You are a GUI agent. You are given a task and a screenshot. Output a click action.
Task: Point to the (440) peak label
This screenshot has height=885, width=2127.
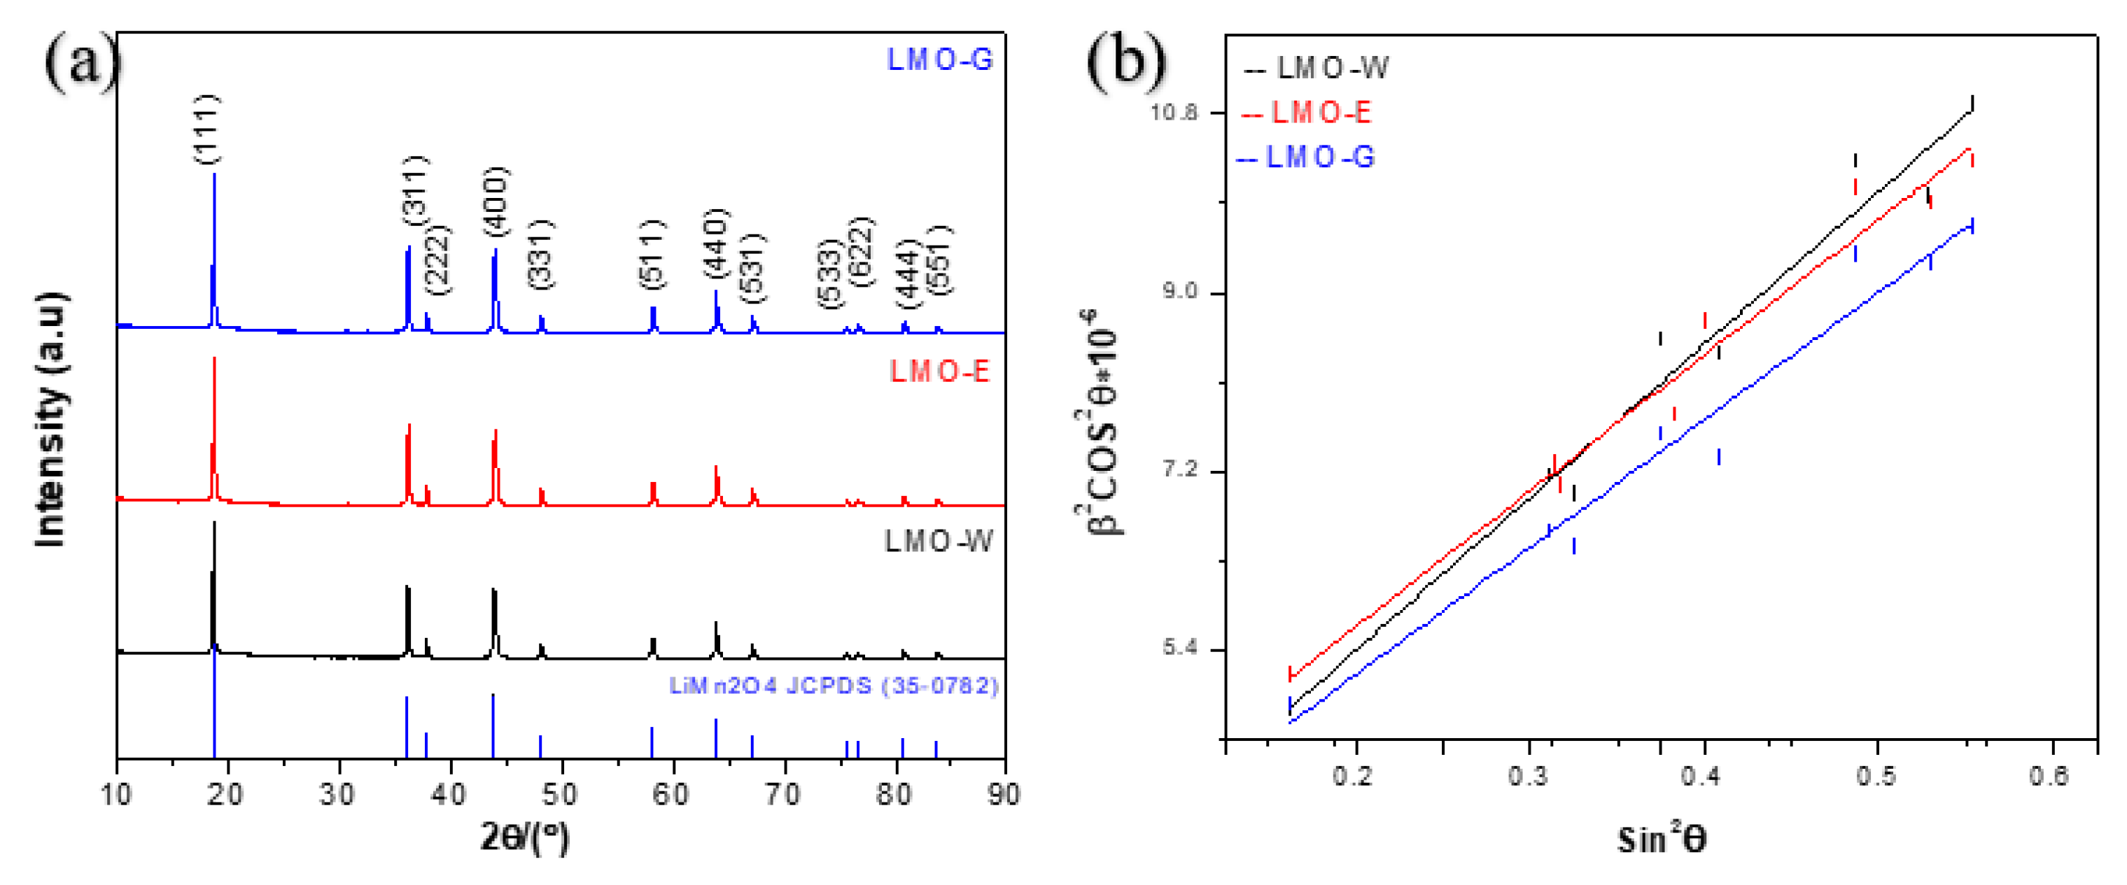716,243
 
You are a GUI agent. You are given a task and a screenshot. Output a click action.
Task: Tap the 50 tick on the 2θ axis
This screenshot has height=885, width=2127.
560,794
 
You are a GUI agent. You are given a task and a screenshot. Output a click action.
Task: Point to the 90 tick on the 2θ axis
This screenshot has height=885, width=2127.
1002,794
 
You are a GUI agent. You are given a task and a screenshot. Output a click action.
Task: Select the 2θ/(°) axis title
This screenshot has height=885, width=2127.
524,839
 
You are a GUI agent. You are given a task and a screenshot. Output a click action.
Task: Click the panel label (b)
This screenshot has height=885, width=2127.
1125,64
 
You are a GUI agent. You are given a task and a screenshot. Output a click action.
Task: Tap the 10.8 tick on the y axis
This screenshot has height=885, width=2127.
1173,112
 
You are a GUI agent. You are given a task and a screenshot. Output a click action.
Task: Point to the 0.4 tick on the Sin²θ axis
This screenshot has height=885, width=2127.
1704,776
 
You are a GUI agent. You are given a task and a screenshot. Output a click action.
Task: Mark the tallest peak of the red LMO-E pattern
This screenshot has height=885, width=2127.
215,360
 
